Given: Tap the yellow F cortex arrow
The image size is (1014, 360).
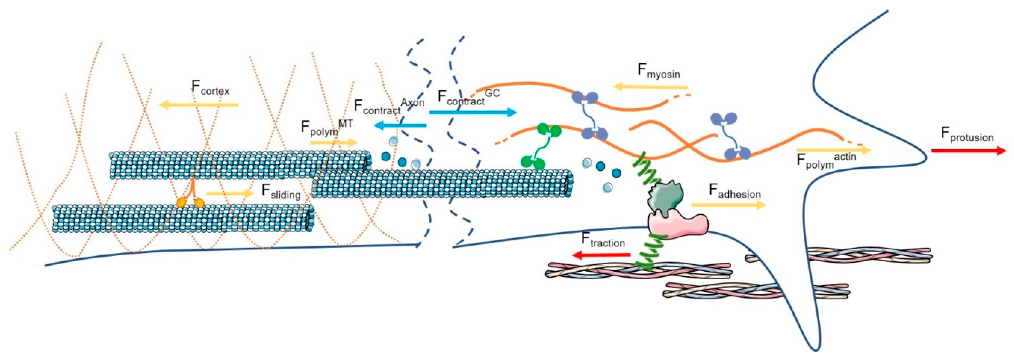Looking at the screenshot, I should pos(199,105).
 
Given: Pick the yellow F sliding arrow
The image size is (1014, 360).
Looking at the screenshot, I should pos(230,193).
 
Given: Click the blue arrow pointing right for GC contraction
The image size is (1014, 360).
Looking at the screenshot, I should pos(472,113).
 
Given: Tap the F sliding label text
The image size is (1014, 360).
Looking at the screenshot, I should pos(281,192).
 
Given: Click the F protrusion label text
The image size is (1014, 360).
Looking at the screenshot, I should pos(967,135).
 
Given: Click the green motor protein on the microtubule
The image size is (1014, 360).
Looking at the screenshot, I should pos(541,146).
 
